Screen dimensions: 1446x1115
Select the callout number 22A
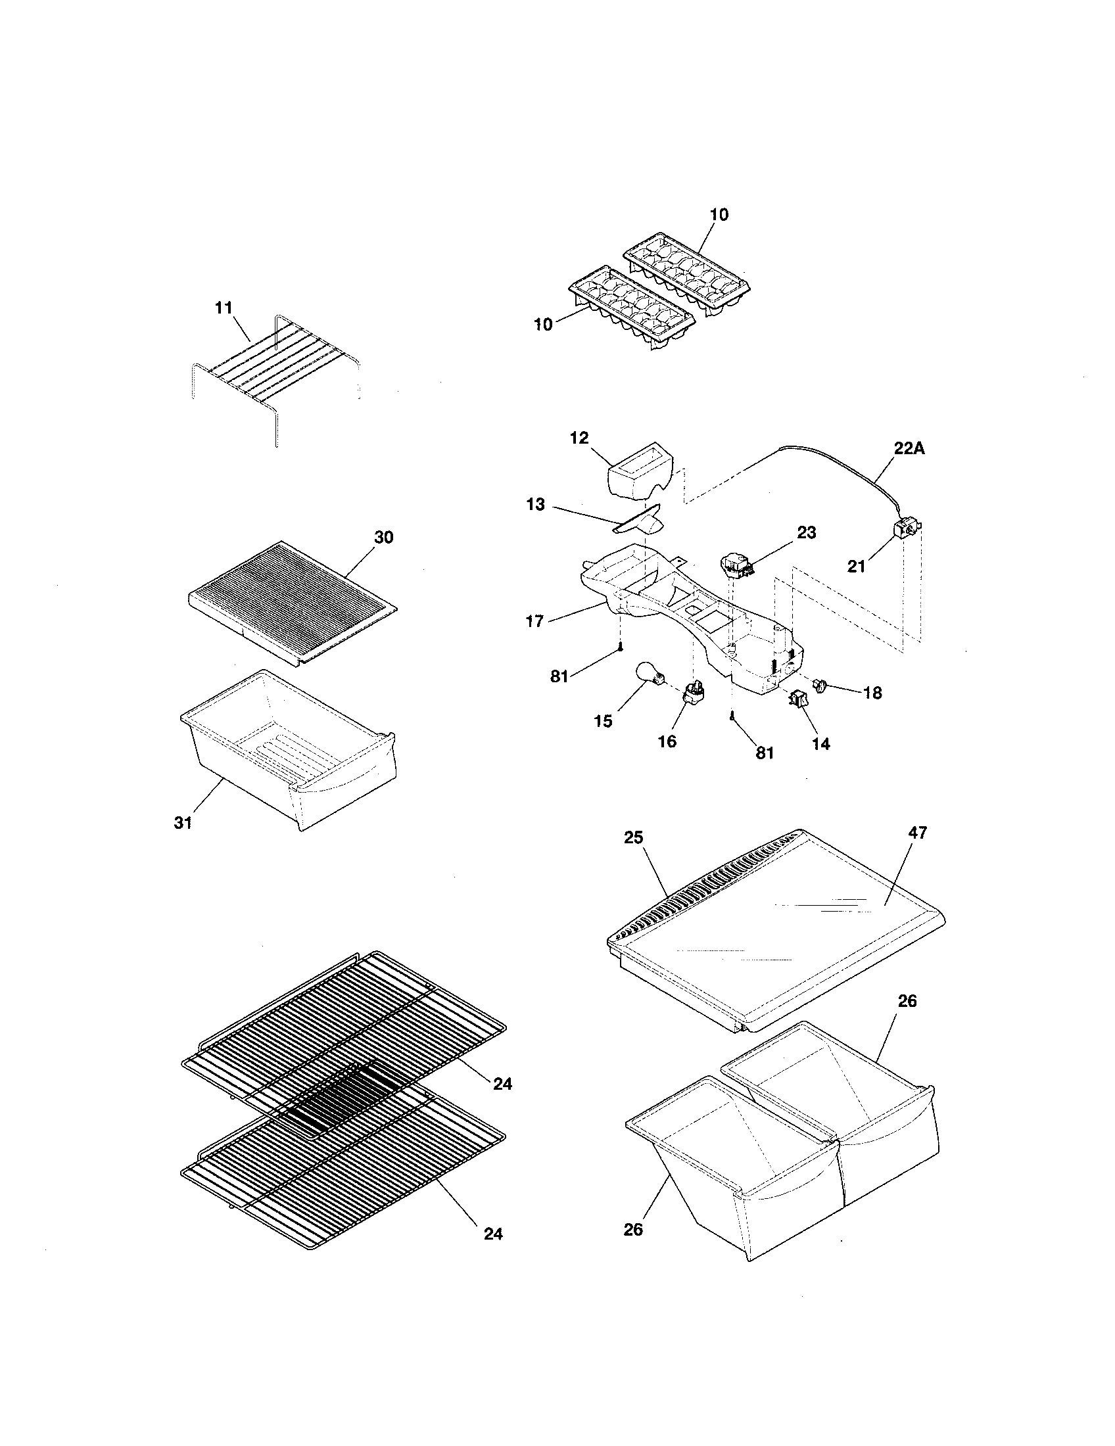click(909, 448)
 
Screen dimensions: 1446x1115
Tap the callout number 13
click(535, 505)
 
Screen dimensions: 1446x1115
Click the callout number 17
click(534, 621)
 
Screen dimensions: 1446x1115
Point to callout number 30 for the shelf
click(384, 538)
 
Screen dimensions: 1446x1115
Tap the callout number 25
click(633, 837)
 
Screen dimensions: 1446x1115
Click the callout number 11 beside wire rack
click(224, 307)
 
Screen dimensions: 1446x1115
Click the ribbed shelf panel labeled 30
click(291, 596)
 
